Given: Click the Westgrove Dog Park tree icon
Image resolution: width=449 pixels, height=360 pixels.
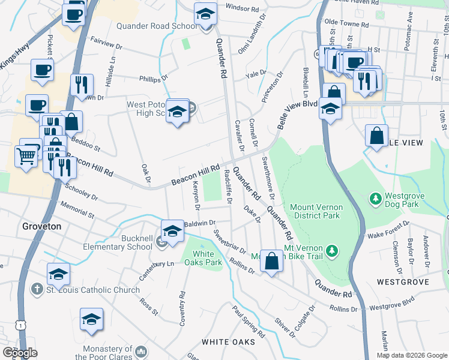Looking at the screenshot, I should (x=376, y=197).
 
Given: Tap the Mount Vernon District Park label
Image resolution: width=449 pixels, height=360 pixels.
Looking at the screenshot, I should (x=315, y=211).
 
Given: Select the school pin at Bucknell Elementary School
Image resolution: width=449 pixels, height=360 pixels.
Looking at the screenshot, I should (x=172, y=231).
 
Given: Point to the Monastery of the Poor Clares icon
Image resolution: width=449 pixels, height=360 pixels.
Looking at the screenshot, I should (x=142, y=350).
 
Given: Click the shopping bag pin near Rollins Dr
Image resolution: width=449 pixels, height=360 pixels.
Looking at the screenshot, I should (x=271, y=260).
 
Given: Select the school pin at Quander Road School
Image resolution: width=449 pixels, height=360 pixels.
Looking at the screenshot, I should (x=205, y=14).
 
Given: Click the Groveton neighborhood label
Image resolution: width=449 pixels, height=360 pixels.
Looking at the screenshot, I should (x=41, y=226).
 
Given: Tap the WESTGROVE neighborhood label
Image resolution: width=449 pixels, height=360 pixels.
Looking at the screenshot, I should (x=402, y=281).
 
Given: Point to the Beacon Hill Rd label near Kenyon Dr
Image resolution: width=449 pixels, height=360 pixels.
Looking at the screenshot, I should (x=195, y=175).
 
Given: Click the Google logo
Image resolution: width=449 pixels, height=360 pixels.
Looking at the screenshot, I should (x=20, y=352).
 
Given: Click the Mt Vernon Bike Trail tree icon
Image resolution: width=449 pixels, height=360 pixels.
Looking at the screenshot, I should (x=332, y=249).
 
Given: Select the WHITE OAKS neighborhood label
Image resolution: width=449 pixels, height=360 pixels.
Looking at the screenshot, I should (x=228, y=341).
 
